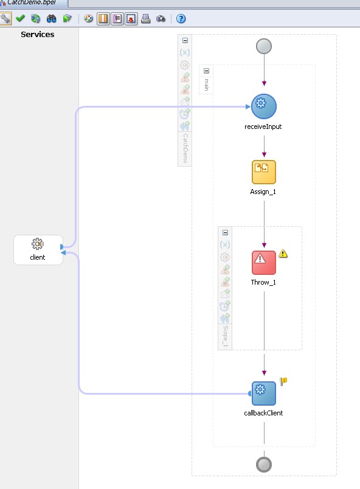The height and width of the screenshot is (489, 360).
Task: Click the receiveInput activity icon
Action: pos(264,106)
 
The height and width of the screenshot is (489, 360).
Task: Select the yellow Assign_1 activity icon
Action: pos(264,172)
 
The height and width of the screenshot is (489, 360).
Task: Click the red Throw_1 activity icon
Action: pos(264,262)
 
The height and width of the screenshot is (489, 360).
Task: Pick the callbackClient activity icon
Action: pos(264,393)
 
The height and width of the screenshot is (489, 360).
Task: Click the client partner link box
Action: pos(38,249)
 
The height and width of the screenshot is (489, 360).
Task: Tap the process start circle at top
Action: pos(264,46)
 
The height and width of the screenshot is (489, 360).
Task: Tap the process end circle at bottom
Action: pos(264,465)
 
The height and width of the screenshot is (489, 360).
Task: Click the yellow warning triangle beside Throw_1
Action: pos(283,254)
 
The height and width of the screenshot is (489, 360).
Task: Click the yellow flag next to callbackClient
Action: pos(283,381)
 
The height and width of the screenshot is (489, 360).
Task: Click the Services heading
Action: pos(38,35)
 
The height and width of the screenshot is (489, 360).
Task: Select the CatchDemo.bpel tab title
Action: pos(31,2)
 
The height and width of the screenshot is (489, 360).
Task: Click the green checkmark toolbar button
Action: pos(20,18)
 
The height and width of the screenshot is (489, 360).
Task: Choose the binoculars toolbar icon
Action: pos(52,18)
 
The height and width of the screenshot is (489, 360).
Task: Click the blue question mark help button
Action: pos(181,18)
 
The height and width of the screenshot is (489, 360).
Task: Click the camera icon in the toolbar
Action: pos(161,18)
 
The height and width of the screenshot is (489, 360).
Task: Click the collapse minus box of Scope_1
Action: pos(226,232)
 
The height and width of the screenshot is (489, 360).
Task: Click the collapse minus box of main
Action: pos(206,71)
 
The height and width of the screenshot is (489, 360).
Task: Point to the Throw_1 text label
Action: pos(264,283)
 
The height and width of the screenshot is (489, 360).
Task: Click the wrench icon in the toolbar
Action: pos(5,18)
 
